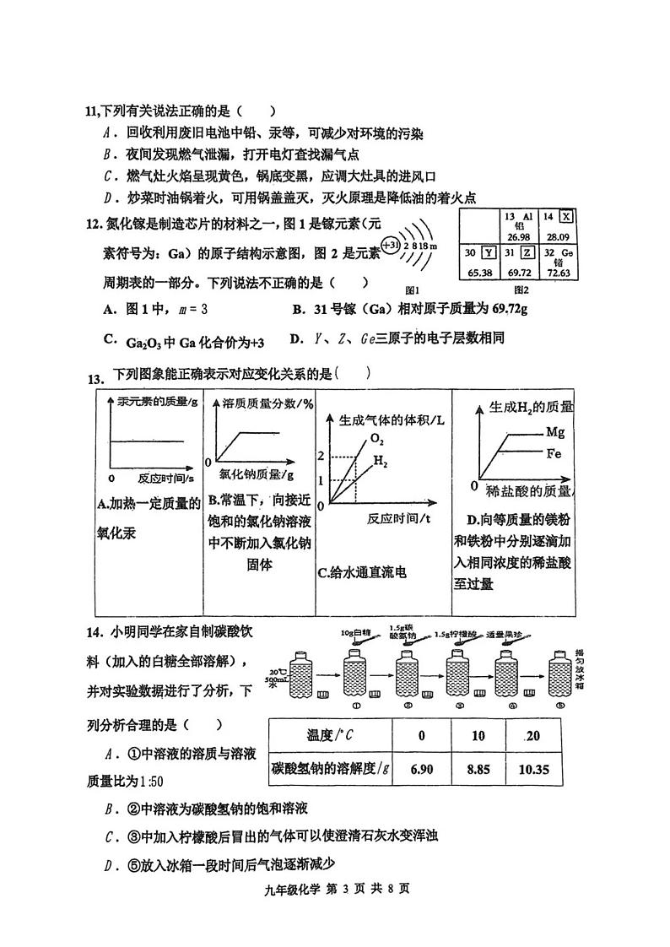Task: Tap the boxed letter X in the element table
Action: click(565, 218)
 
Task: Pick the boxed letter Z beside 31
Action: click(527, 252)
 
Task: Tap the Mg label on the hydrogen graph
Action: click(554, 431)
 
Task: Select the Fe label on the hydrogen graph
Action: click(554, 453)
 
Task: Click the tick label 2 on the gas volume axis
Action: click(321, 456)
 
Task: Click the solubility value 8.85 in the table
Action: click(478, 769)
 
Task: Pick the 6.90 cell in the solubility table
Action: click(421, 769)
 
